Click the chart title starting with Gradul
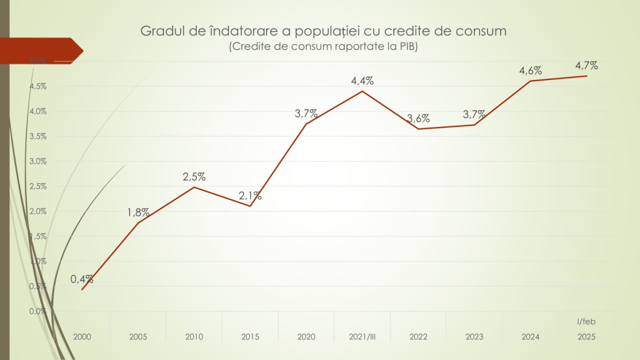[323, 31]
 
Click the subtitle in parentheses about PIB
[323, 47]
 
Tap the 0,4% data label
[82, 279]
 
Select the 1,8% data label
[138, 212]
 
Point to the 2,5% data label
[194, 177]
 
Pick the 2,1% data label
[250, 196]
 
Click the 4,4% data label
[362, 81]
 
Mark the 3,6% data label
[418, 119]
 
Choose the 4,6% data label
[530, 71]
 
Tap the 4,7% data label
[586, 65]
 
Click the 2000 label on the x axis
[82, 336]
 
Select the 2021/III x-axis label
[362, 336]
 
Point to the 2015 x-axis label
[250, 336]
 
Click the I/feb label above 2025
[586, 321]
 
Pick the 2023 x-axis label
[474, 336]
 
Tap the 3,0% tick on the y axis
[39, 161]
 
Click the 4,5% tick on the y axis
[39, 86]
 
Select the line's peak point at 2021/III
[362, 91]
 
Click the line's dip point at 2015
[250, 206]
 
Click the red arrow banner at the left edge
[41, 50]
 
